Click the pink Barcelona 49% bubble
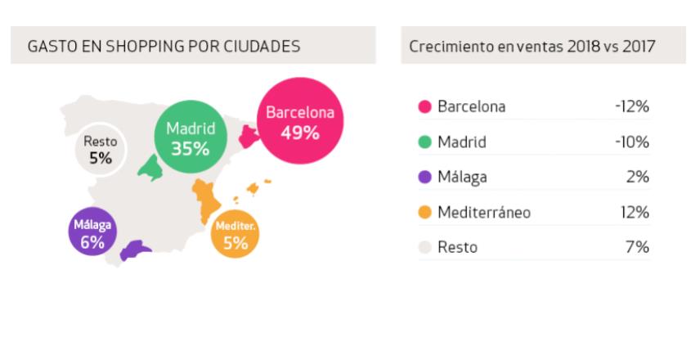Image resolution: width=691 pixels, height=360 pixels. [x=300, y=122]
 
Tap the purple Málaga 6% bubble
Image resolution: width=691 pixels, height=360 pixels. [x=92, y=232]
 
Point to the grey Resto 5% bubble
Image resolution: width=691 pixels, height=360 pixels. [x=101, y=151]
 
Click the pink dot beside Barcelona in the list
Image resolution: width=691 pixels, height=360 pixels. [x=424, y=107]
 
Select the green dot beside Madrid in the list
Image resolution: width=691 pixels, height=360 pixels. [x=424, y=142]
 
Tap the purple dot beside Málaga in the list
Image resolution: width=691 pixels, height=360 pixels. [x=424, y=178]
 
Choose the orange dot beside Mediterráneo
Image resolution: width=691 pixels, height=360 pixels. [x=424, y=213]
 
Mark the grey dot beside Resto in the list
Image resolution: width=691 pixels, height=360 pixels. [x=424, y=247]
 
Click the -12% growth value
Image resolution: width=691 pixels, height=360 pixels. [x=630, y=107]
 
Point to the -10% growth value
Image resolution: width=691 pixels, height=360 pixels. [x=630, y=142]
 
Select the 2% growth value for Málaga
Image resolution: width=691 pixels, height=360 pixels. [x=638, y=178]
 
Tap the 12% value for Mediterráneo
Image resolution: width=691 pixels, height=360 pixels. [x=635, y=213]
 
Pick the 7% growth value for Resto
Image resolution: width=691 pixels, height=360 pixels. [x=639, y=247]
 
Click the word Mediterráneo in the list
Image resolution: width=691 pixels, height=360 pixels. [x=484, y=213]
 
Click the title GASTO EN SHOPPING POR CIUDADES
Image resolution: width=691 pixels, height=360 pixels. [x=164, y=47]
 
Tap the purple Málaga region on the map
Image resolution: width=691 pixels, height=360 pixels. [x=135, y=251]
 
